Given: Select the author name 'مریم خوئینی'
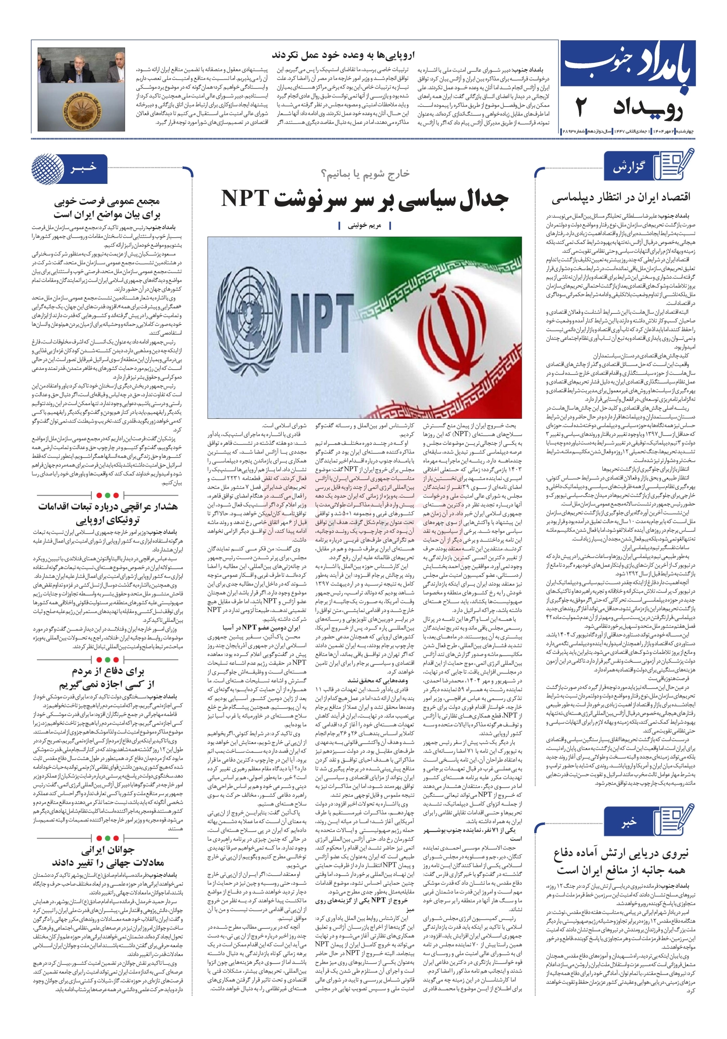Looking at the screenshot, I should click(364, 225).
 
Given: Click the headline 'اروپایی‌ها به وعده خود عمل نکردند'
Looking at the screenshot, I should click(343, 55).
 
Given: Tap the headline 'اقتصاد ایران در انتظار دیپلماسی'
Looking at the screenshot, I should click(621, 198).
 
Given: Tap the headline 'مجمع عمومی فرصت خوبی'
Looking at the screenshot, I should click(107, 201).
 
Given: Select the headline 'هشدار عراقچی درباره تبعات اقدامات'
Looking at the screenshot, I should click(108, 507).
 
